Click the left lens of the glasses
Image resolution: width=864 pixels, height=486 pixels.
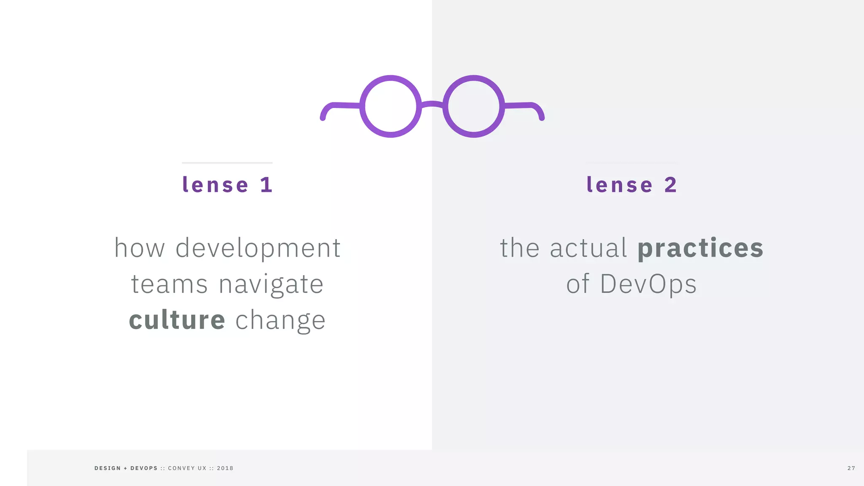391,106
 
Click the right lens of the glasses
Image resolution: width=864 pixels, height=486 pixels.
473,106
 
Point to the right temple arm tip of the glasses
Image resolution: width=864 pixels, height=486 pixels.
542,117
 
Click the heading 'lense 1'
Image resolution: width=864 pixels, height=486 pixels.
227,185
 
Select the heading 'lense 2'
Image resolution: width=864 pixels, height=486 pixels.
632,185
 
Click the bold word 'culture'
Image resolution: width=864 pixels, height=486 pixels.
177,320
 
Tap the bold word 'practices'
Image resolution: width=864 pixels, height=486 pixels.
700,248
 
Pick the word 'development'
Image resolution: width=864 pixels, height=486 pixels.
258,248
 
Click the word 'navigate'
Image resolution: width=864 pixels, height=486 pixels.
271,284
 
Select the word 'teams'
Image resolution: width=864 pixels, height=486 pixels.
169,284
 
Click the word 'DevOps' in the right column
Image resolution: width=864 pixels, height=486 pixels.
648,284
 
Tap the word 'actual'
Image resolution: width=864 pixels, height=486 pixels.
589,248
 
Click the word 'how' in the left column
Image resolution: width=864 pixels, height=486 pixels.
140,248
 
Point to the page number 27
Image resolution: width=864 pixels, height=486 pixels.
851,468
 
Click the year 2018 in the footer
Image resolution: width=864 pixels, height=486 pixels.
225,468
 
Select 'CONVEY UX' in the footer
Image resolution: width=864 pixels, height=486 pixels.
187,468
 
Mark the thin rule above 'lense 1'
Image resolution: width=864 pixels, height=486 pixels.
227,162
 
